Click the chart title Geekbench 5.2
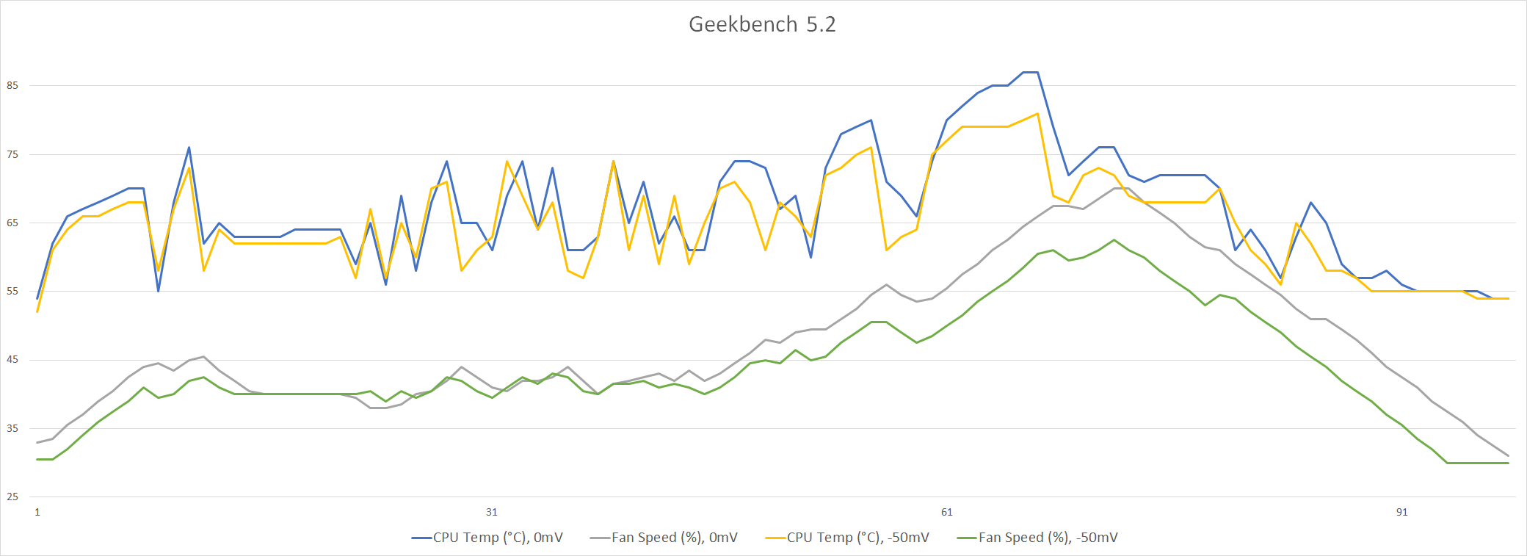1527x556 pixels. pyautogui.click(x=762, y=24)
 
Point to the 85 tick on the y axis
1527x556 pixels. pyautogui.click(x=12, y=85)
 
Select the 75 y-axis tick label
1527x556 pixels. pyautogui.click(x=12, y=154)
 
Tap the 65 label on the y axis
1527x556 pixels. pyautogui.click(x=12, y=223)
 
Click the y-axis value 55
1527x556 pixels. pyautogui.click(x=12, y=292)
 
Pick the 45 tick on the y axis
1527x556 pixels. pyautogui.click(x=12, y=360)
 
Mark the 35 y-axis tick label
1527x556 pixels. pyautogui.click(x=12, y=428)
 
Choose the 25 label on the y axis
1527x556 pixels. pyautogui.click(x=12, y=497)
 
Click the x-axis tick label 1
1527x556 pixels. pyautogui.click(x=37, y=512)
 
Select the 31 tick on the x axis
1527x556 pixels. pyautogui.click(x=492, y=512)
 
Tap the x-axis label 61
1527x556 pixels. pyautogui.click(x=947, y=512)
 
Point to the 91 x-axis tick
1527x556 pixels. pyautogui.click(x=1402, y=512)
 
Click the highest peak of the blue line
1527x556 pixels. pyautogui.click(x=1030, y=72)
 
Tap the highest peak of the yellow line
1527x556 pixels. pyautogui.click(x=1037, y=114)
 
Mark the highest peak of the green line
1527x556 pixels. pyautogui.click(x=1114, y=240)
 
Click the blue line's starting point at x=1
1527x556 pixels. pyautogui.click(x=37, y=299)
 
